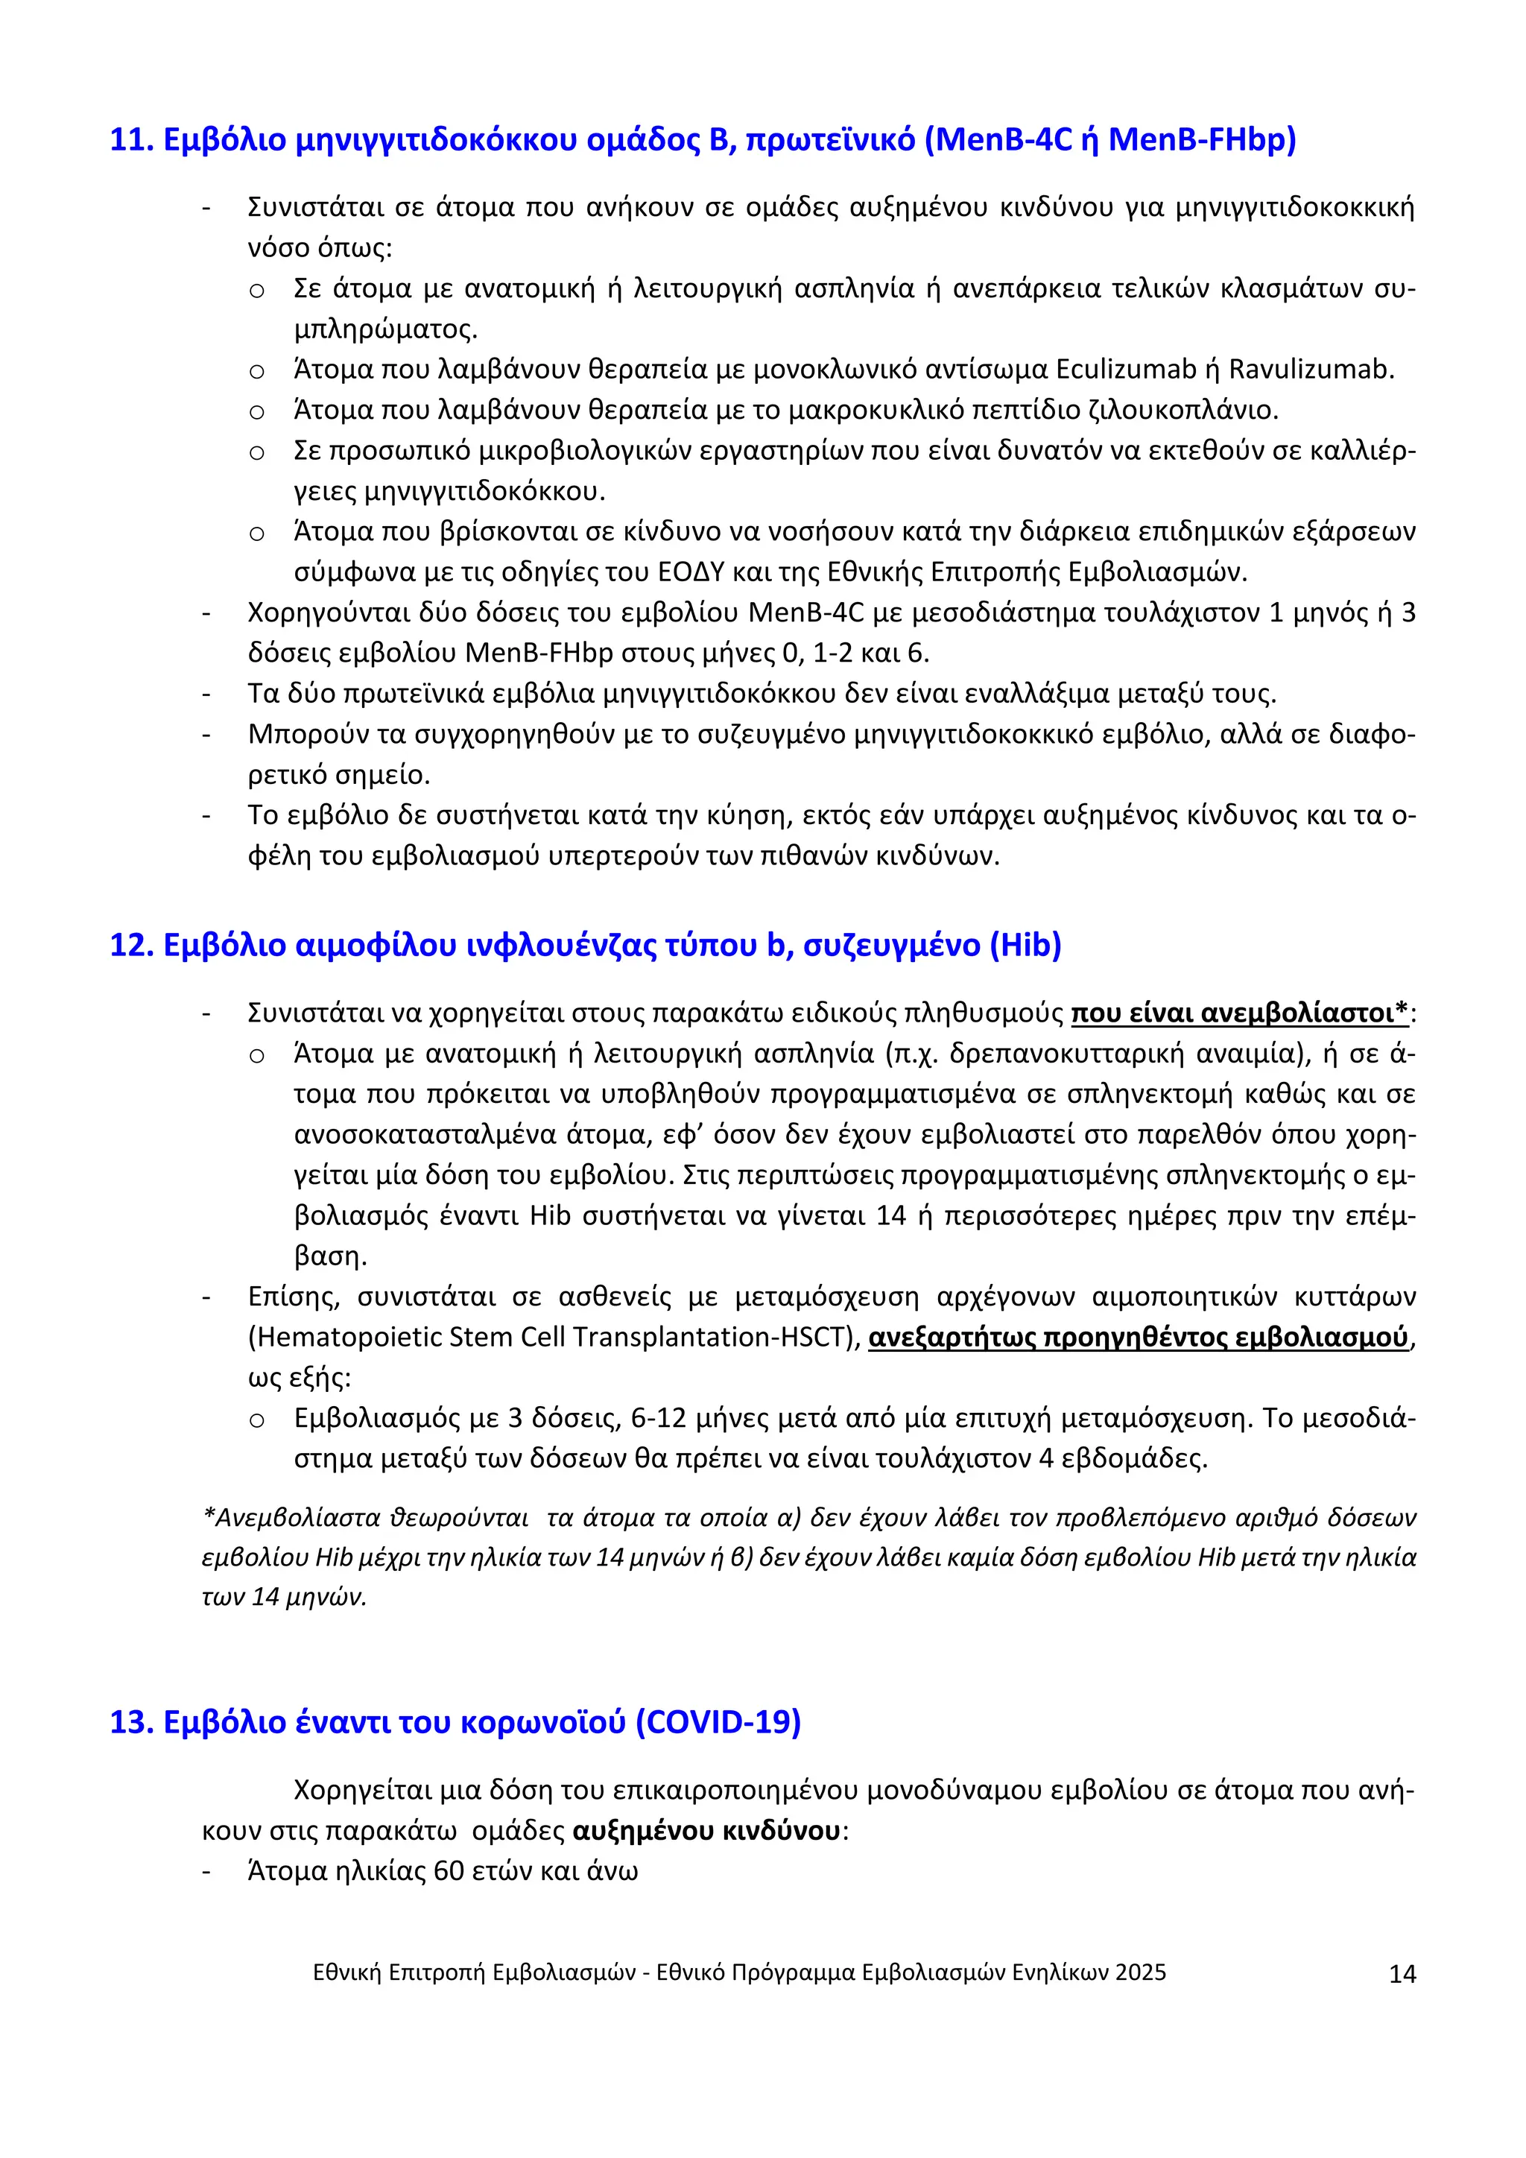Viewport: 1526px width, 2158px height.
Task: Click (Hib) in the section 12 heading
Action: [x=1025, y=945]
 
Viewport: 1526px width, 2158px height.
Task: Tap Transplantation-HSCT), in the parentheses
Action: [x=717, y=1338]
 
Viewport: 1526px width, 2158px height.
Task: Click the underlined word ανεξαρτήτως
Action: [x=952, y=1338]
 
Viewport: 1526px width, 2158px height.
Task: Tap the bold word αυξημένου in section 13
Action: [x=630, y=1831]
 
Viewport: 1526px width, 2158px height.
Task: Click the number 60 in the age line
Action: [x=449, y=1871]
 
